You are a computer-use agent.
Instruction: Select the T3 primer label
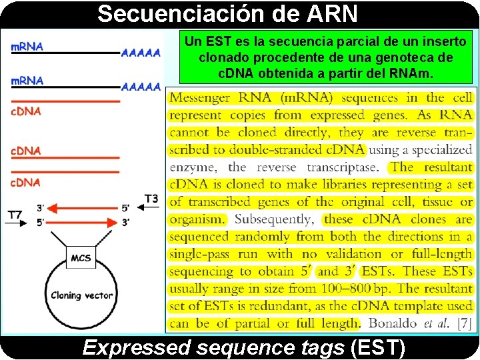point(151,198)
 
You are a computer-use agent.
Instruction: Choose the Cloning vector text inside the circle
point(82,295)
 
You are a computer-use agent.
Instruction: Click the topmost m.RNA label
point(27,47)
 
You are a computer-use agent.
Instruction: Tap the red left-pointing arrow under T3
point(87,208)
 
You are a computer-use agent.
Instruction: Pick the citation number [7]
point(461,323)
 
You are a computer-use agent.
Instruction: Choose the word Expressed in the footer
point(129,347)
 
